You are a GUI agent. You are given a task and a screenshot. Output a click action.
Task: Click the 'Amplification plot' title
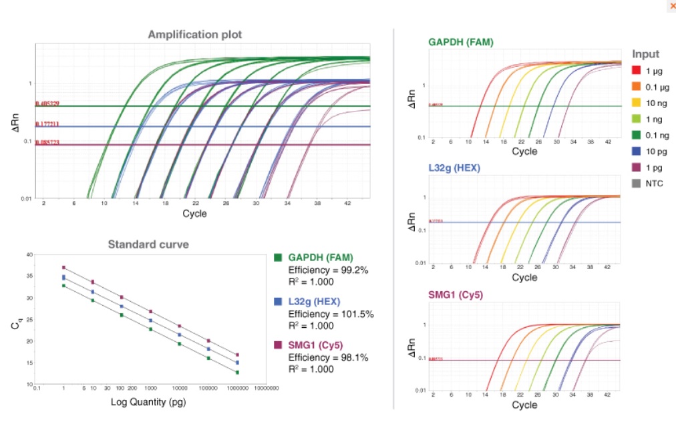click(195, 34)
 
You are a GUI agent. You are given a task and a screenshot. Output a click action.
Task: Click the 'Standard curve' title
click(148, 244)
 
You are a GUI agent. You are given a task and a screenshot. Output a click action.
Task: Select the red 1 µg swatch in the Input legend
click(637, 70)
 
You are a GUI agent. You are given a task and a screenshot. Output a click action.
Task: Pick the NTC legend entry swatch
click(637, 183)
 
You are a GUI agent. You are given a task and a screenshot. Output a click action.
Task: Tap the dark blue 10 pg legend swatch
click(637, 151)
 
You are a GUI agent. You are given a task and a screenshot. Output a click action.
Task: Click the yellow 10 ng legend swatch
click(637, 102)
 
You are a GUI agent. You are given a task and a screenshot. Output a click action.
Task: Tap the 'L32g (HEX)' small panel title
click(455, 170)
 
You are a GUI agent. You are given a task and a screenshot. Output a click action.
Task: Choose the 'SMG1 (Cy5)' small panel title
click(456, 295)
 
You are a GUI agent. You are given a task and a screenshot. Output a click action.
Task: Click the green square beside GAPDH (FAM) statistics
click(278, 258)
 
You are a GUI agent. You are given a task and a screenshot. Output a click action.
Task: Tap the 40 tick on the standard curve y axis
click(28, 254)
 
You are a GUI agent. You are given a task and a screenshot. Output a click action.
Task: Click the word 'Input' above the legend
click(645, 54)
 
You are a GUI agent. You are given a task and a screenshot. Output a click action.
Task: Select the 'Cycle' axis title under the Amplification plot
click(194, 214)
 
